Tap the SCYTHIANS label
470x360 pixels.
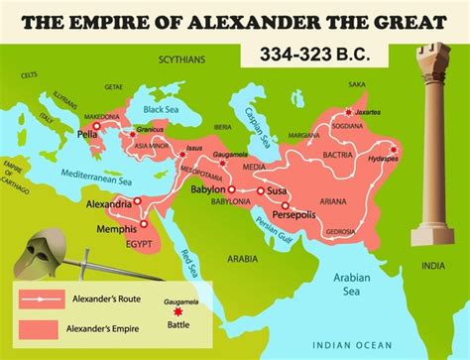[179, 60]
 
